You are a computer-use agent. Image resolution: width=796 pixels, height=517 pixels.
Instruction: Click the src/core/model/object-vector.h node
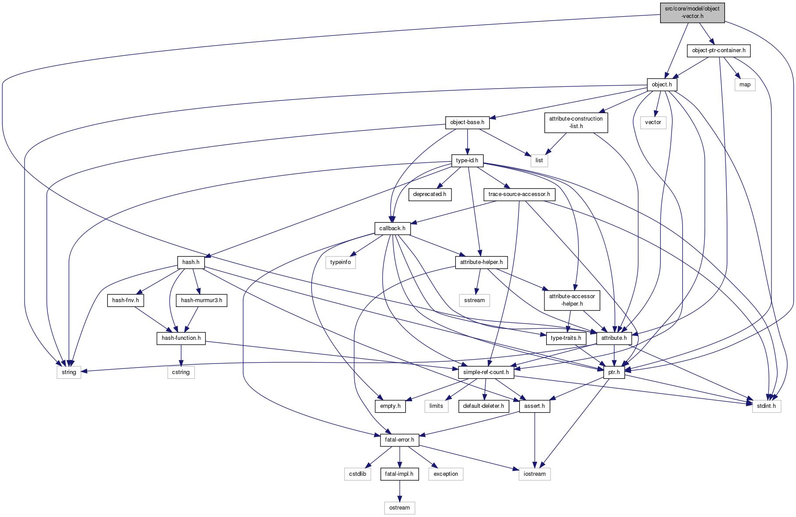(x=692, y=12)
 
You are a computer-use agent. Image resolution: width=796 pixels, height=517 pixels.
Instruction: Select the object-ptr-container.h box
(x=718, y=50)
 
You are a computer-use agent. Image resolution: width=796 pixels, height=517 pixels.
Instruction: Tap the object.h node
(x=661, y=85)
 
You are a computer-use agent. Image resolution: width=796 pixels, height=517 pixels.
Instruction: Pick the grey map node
(x=745, y=85)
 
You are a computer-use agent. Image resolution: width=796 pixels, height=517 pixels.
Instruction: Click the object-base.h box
(x=467, y=122)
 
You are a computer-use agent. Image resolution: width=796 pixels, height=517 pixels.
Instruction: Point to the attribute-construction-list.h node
(x=576, y=122)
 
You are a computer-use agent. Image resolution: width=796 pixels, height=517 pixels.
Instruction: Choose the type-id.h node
(x=467, y=160)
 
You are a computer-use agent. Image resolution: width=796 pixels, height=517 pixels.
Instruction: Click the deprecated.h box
(x=430, y=194)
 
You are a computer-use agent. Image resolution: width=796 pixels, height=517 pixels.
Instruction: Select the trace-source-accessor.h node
(x=519, y=194)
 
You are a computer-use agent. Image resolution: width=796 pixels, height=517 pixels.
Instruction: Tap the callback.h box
(x=392, y=228)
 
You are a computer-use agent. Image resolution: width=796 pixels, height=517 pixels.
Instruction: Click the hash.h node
(x=191, y=262)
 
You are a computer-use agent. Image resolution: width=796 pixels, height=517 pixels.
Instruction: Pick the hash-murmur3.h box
(x=201, y=300)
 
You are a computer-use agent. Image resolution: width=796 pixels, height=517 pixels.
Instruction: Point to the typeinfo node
(x=341, y=262)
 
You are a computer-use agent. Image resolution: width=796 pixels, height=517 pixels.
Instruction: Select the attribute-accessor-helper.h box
(x=572, y=300)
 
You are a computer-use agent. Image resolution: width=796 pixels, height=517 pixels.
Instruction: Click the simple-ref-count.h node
(x=486, y=372)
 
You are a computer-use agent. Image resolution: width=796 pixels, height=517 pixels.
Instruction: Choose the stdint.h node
(x=766, y=406)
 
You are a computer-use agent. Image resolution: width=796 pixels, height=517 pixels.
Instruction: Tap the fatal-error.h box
(x=399, y=440)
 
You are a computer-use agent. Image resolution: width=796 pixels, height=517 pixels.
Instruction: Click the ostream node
(x=399, y=508)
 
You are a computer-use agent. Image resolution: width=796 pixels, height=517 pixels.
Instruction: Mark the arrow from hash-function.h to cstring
(x=181, y=355)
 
